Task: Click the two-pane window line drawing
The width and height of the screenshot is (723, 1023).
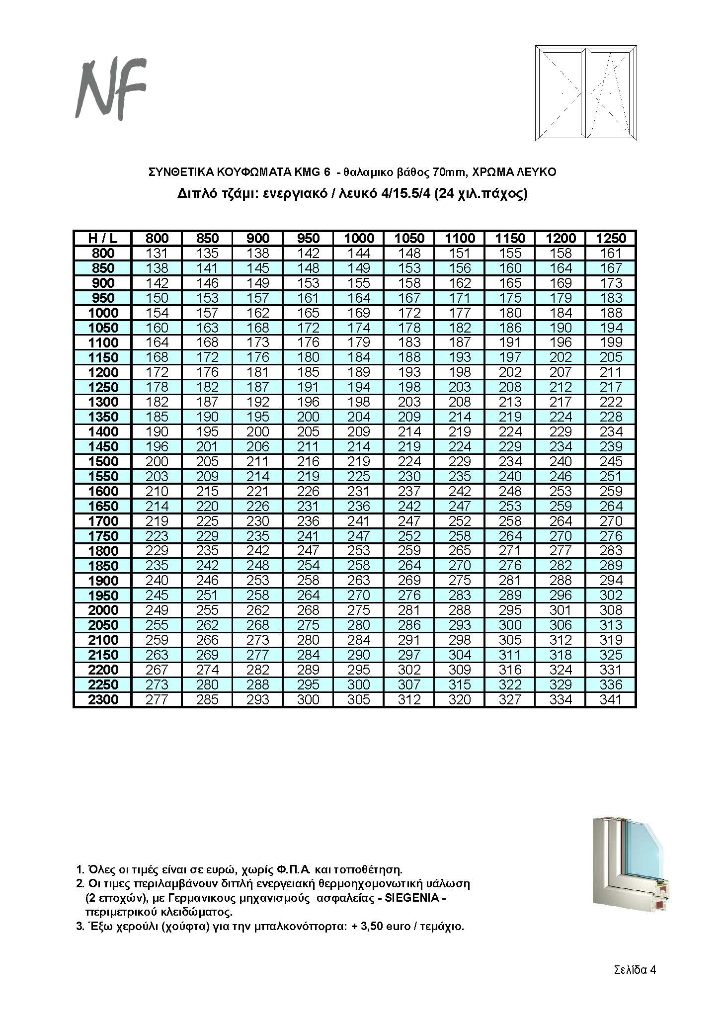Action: click(x=586, y=93)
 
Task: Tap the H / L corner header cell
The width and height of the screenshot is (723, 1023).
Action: click(x=103, y=238)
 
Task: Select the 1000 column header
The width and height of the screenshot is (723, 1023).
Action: click(x=359, y=238)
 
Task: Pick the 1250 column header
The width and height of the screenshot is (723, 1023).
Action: click(x=611, y=238)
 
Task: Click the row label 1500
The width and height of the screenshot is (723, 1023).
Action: click(x=103, y=461)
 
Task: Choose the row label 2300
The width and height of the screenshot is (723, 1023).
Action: click(x=103, y=699)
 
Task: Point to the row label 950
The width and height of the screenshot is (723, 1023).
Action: click(x=103, y=298)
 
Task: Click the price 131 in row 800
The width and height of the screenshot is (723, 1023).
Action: click(x=157, y=253)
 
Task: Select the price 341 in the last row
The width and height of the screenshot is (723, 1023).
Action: click(x=611, y=699)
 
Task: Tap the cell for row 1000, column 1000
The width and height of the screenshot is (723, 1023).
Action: click(x=359, y=313)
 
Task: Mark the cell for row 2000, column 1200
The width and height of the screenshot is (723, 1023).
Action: click(x=561, y=610)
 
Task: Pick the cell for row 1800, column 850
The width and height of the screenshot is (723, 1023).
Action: click(x=207, y=551)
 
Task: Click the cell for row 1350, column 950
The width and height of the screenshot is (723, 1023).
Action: click(x=308, y=417)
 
